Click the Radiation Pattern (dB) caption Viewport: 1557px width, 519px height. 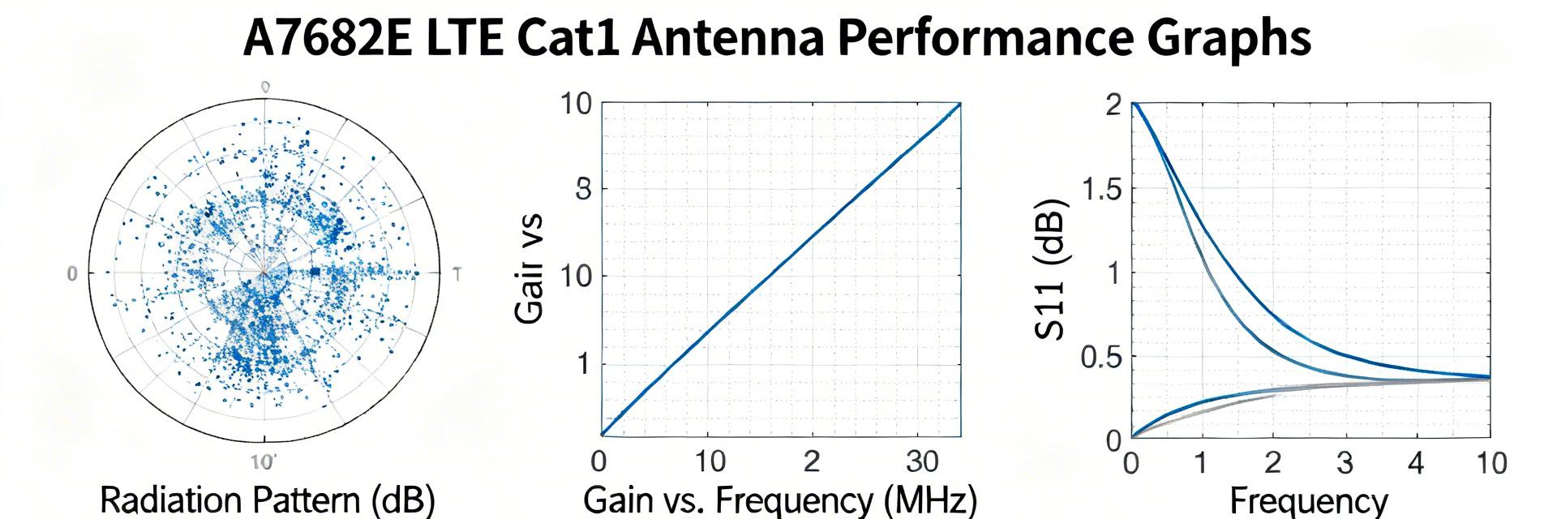pyautogui.click(x=267, y=500)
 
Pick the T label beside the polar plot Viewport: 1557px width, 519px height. pyautogui.click(x=457, y=274)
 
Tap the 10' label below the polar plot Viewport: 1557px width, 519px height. pyautogui.click(x=264, y=463)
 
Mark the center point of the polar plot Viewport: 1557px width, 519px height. pyautogui.click(x=264, y=273)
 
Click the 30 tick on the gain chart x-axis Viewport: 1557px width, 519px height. pyautogui.click(x=922, y=461)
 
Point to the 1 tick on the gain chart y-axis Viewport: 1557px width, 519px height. pyautogui.click(x=583, y=364)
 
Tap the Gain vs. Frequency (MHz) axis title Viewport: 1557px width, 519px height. pyautogui.click(x=780, y=500)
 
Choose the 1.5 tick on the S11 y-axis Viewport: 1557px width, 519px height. pyautogui.click(x=1102, y=191)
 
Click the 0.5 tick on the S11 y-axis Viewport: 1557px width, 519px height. pyautogui.click(x=1102, y=357)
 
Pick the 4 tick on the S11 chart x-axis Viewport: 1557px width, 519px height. pyautogui.click(x=1416, y=463)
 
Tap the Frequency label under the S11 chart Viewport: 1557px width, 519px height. pyautogui.click(x=1309, y=500)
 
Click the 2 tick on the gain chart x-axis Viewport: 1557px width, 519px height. pyautogui.click(x=812, y=461)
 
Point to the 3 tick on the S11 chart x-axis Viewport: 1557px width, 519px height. pyautogui.click(x=1345, y=463)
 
